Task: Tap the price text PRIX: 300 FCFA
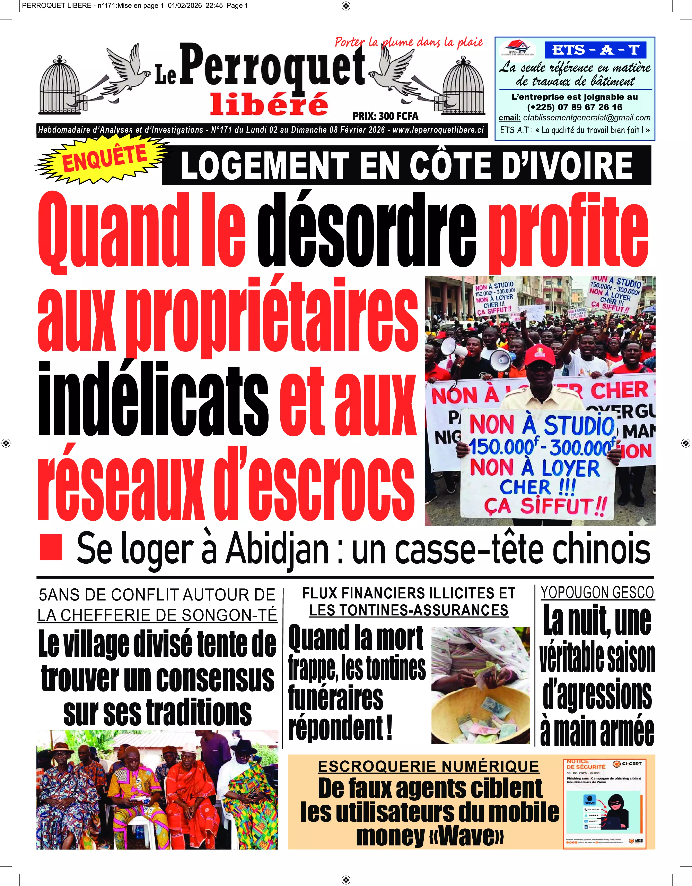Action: (385, 116)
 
